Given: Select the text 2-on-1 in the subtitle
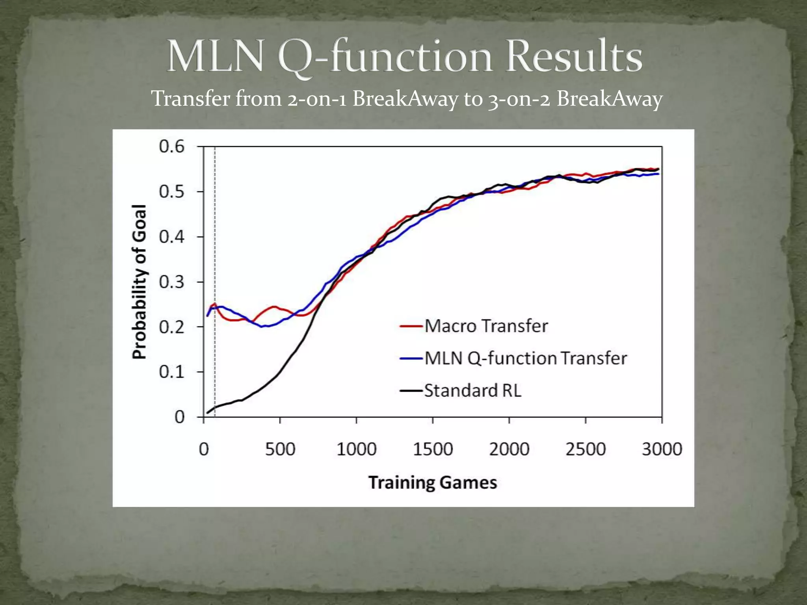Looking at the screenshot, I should click(x=317, y=98).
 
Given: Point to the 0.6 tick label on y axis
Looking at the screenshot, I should click(x=172, y=147).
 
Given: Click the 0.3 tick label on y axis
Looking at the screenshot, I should click(x=172, y=282).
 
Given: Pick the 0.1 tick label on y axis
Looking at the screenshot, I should click(x=172, y=372).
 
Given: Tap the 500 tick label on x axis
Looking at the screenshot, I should click(x=280, y=449).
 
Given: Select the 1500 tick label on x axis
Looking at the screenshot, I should click(x=433, y=449).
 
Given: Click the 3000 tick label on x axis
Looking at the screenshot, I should click(x=662, y=449).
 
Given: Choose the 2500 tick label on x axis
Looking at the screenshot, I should click(x=586, y=449).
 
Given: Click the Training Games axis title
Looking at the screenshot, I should click(x=433, y=483).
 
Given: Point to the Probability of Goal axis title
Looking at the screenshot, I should click(x=139, y=282).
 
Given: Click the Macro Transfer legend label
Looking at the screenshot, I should click(x=486, y=326).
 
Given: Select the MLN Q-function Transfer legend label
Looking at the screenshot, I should click(x=526, y=358).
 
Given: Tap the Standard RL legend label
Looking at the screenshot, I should click(x=473, y=391).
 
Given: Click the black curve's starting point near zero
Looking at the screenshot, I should click(x=208, y=413).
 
